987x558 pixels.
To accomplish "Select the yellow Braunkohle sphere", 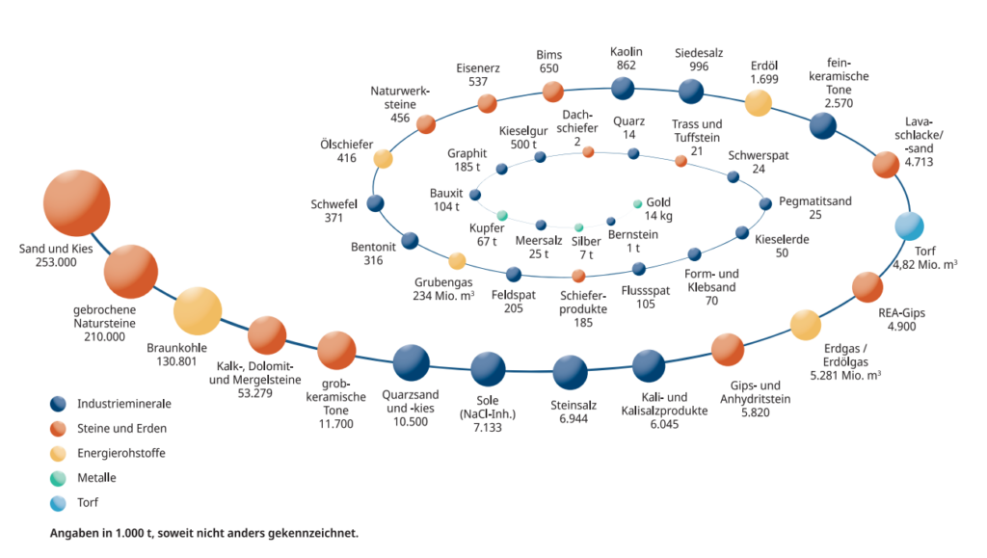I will tap(198, 310).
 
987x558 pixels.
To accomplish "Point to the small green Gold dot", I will tap(637, 204).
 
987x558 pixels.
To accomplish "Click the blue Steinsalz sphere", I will tap(570, 373).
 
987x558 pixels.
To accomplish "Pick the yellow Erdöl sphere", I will tap(759, 103).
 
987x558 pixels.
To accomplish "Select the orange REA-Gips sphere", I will tap(867, 287).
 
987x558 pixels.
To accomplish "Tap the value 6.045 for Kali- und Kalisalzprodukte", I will tap(664, 423).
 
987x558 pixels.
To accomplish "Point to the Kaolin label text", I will tap(627, 51).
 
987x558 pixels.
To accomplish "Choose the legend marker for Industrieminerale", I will tap(60, 404).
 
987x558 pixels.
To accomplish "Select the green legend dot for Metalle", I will tap(60, 477).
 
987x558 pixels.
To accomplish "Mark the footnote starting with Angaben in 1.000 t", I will tap(203, 532).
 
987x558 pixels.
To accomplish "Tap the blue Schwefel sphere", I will tap(376, 203).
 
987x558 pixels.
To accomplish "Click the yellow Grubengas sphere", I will tap(458, 260).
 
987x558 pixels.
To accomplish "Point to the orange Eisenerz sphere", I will tap(487, 103).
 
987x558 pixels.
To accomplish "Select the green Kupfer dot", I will tap(502, 214).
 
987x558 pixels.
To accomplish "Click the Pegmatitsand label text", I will tap(815, 201).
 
